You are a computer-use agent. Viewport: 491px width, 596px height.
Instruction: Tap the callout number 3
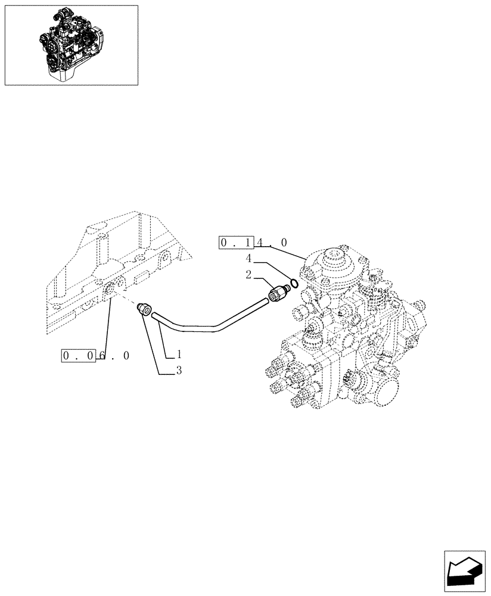pyautogui.click(x=178, y=371)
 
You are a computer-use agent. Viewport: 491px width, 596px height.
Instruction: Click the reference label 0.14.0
pyautogui.click(x=254, y=243)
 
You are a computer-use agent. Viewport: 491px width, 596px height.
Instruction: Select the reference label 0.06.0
pyautogui.click(x=96, y=356)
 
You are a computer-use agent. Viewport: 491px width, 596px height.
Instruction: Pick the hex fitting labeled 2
pyautogui.click(x=276, y=293)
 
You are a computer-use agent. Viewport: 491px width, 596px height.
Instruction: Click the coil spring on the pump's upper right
pyautogui.click(x=377, y=293)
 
